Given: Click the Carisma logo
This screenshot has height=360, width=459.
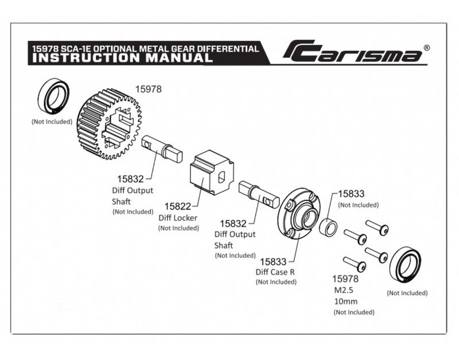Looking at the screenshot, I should click(352, 52).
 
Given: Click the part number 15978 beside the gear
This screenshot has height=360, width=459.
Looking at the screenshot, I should click(148, 89).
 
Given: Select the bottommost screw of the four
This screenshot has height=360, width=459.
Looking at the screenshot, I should click(354, 264).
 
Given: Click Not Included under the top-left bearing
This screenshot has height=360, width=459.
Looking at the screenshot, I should click(52, 122).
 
